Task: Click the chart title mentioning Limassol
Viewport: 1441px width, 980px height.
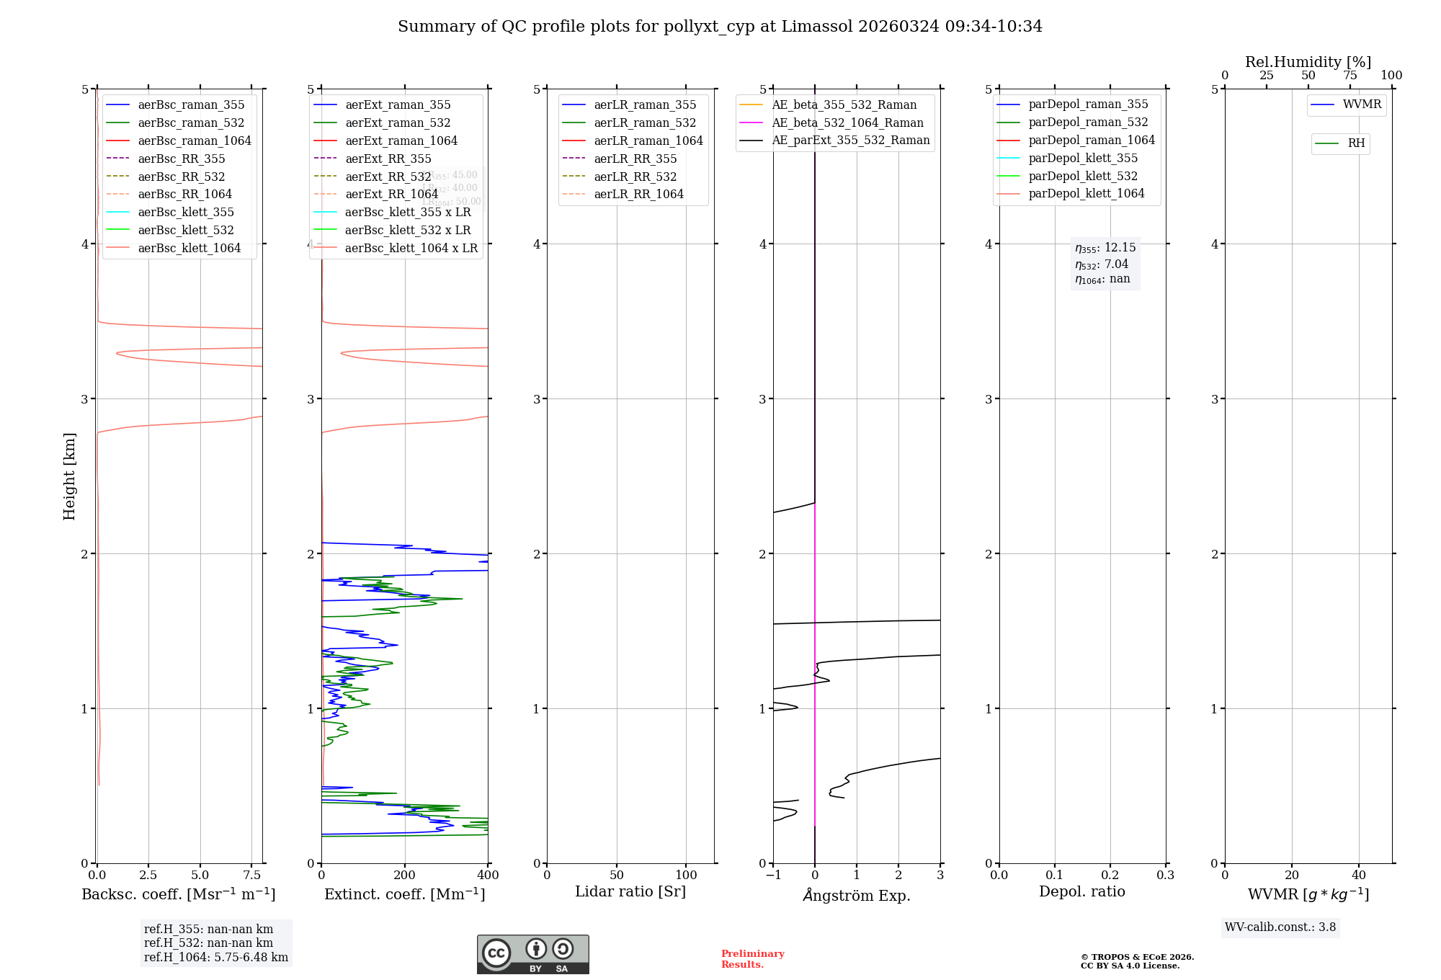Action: [720, 27]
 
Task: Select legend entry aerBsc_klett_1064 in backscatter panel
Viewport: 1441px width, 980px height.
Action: [189, 248]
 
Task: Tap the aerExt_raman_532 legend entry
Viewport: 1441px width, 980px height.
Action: [398, 122]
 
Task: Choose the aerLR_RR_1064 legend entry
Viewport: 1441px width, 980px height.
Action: [638, 194]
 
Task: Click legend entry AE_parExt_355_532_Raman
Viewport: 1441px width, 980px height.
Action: [850, 140]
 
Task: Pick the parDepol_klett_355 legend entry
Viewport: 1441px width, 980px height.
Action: [1083, 158]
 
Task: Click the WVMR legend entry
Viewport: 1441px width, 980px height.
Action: [1362, 104]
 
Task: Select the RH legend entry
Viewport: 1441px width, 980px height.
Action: [1356, 143]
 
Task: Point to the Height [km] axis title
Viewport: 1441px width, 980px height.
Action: [69, 476]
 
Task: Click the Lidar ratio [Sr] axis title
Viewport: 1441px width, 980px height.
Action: [630, 891]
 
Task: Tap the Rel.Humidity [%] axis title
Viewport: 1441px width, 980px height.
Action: [1308, 62]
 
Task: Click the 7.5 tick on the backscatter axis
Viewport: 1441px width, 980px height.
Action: [251, 876]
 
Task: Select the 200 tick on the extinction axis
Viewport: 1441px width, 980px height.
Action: [405, 876]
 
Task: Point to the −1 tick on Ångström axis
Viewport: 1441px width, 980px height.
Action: [773, 876]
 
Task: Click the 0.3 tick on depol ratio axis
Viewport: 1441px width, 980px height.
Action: [1165, 876]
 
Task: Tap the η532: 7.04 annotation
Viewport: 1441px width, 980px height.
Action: [1102, 264]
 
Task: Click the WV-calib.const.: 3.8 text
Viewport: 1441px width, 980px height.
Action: [1280, 927]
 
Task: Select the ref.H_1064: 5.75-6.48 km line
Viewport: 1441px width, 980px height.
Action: [216, 957]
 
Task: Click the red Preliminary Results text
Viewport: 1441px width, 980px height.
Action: [752, 959]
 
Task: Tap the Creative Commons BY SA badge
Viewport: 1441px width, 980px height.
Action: [532, 955]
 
